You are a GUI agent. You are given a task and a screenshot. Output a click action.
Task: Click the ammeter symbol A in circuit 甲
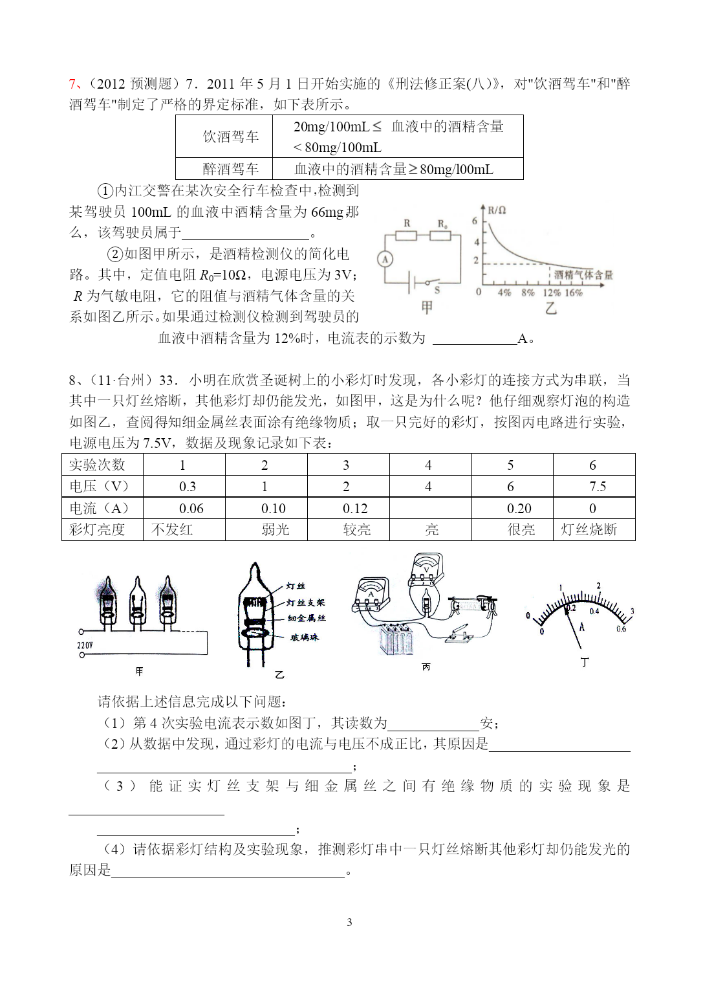pos(385,260)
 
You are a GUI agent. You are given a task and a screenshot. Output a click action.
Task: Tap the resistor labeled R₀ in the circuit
pos(440,235)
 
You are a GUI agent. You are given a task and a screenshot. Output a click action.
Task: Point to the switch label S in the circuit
pos(437,291)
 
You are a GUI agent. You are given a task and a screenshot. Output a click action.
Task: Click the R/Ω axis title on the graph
pos(496,210)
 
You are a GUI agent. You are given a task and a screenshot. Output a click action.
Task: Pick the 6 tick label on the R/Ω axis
pos(475,221)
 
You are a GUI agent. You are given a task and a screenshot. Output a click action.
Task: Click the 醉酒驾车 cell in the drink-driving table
pos(230,169)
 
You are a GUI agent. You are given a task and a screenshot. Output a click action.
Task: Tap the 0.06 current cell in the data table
pos(191,509)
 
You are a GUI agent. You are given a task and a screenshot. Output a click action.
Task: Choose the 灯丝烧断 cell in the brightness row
pos(589,530)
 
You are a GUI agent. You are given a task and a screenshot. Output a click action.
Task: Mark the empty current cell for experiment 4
pos(429,509)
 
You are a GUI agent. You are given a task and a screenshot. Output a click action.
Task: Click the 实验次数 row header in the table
pos(97,465)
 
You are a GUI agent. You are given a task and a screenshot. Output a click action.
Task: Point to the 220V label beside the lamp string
pos(85,645)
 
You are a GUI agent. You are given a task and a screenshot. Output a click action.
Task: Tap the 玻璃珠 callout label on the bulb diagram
pos(304,637)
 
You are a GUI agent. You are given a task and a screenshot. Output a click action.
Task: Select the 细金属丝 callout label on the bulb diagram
pos(307,619)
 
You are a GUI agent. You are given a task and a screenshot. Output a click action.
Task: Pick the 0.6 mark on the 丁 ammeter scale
pos(621,629)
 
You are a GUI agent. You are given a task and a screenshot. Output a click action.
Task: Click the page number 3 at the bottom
pos(349,922)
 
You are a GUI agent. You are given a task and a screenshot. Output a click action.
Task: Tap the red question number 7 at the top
pos(72,84)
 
